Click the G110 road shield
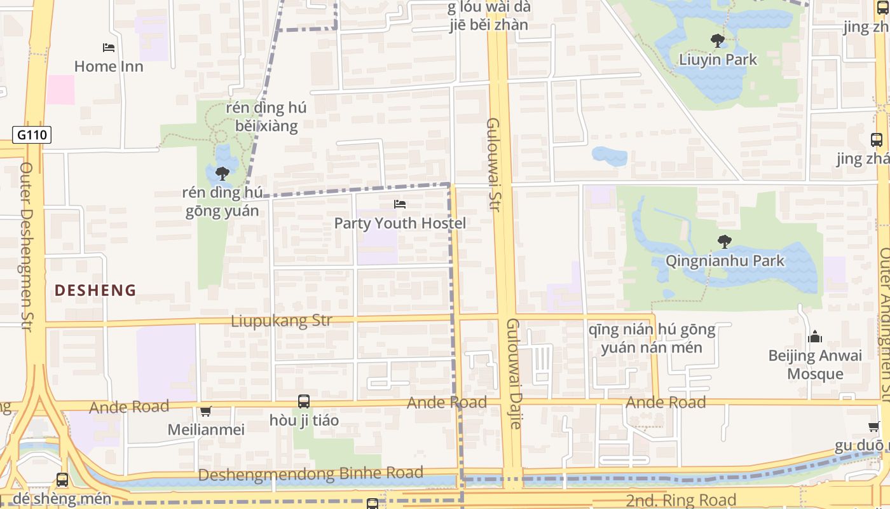point(31,135)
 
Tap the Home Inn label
point(109,66)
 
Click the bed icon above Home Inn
point(109,48)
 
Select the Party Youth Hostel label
point(400,223)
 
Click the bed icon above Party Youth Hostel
point(400,204)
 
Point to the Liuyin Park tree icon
point(718,41)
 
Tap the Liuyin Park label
point(718,60)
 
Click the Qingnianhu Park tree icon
point(724,242)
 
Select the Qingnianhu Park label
point(725,261)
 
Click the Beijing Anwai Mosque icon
point(814,337)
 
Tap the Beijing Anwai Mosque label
point(815,365)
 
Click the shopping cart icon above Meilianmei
point(205,412)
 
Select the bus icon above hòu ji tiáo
point(304,401)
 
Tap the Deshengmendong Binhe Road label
point(310,474)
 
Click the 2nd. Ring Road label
point(681,500)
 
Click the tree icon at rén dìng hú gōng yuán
point(222,173)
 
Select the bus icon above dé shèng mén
point(62,480)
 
